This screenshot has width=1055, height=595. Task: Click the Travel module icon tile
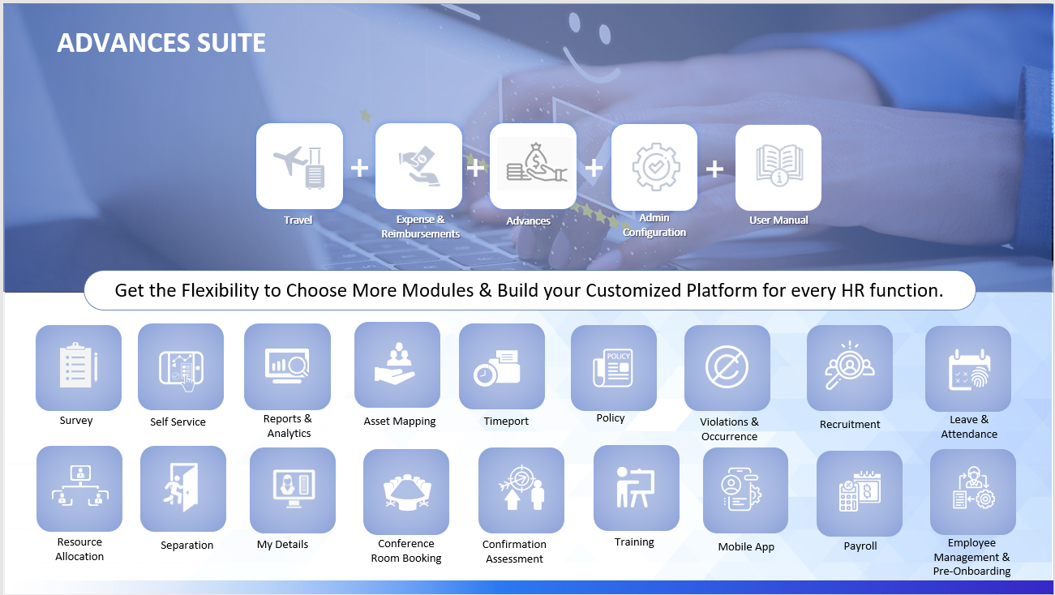299,166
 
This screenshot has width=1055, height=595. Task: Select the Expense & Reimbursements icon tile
418,166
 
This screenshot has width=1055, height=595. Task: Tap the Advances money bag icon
537,163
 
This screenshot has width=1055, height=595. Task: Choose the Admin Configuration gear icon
656,167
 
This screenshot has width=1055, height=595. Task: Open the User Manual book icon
779,165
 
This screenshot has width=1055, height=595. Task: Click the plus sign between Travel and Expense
359,168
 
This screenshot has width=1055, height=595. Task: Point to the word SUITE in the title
231,43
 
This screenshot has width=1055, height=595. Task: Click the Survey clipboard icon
79,366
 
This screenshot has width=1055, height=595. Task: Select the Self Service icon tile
181,366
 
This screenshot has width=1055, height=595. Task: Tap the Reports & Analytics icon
287,366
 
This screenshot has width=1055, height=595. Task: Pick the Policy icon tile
614,368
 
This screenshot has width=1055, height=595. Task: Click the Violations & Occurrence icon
727,366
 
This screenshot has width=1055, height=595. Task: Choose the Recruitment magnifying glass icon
849,366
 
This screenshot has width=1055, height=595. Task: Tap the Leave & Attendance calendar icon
969,370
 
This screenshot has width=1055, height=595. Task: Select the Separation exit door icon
182,487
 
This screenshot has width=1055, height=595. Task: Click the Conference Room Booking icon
406,492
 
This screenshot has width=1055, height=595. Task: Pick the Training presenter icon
636,487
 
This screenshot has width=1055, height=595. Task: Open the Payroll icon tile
860,494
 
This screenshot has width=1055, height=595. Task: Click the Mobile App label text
746,547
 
